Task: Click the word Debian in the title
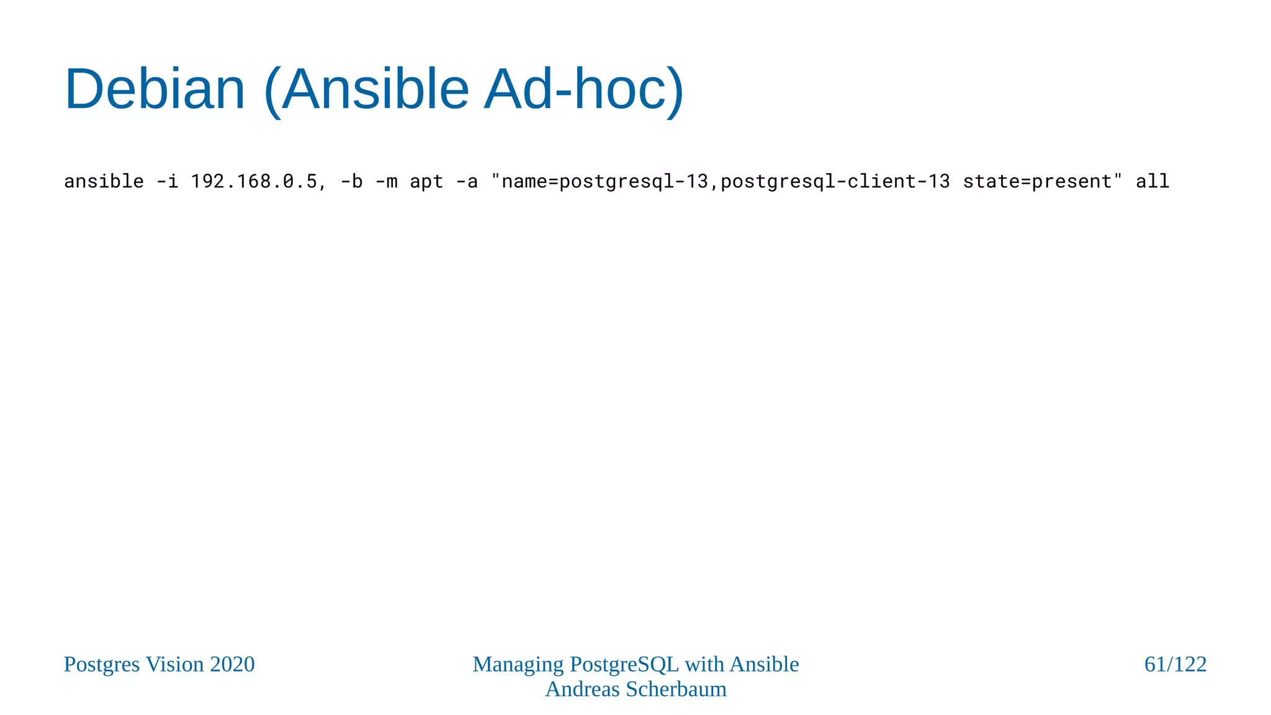tap(155, 89)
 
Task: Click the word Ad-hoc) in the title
tap(583, 89)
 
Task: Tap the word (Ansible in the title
tap(366, 89)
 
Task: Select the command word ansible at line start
tap(104, 181)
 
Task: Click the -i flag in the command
tap(167, 181)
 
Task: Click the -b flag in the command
tap(351, 181)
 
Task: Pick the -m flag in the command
tap(386, 181)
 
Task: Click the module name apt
tap(426, 181)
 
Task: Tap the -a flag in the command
tap(467, 181)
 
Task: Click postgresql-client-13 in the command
tap(835, 181)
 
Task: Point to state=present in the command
tap(1038, 181)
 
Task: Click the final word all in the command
tap(1152, 181)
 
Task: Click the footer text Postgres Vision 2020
tap(159, 664)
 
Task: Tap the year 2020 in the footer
tap(232, 664)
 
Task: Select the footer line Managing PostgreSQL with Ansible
tap(635, 664)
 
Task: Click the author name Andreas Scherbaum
tap(635, 689)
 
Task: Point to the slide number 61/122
tap(1175, 664)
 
